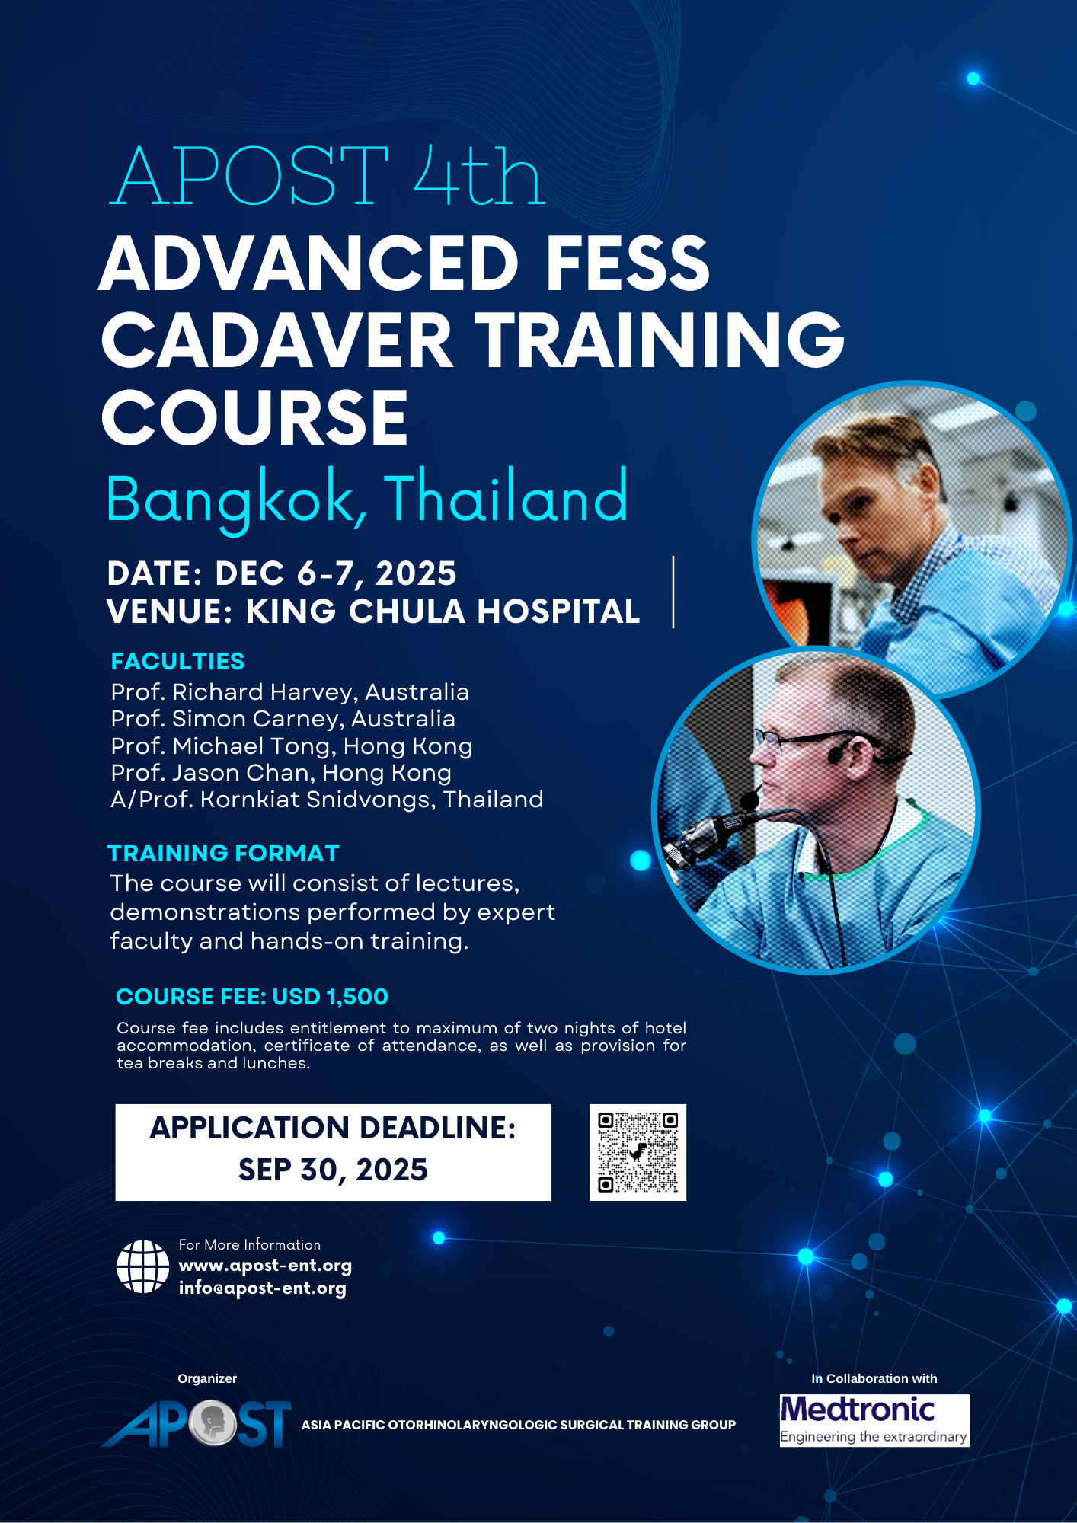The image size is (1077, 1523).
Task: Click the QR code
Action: pyautogui.click(x=638, y=1152)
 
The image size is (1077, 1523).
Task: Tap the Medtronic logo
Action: pyautogui.click(x=874, y=1420)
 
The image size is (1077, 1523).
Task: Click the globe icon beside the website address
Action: pyautogui.click(x=143, y=1266)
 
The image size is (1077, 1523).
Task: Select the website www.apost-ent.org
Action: pyautogui.click(x=265, y=1266)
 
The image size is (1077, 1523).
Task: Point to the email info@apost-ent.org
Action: pyautogui.click(x=263, y=1288)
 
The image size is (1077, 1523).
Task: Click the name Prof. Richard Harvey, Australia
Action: pyautogui.click(x=290, y=692)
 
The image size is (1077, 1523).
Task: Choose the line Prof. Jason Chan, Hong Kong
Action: pyautogui.click(x=281, y=773)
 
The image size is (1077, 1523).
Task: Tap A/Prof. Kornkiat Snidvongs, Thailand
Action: pyautogui.click(x=328, y=800)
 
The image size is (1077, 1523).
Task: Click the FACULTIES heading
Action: pyautogui.click(x=177, y=661)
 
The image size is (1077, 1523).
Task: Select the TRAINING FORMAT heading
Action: pyautogui.click(x=223, y=853)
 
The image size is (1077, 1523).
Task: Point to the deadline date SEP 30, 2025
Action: pyautogui.click(x=333, y=1170)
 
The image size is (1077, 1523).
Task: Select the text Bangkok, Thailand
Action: pyautogui.click(x=367, y=499)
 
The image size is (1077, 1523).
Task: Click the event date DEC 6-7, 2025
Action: pyautogui.click(x=336, y=573)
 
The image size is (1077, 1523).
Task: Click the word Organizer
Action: pyautogui.click(x=207, y=1378)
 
